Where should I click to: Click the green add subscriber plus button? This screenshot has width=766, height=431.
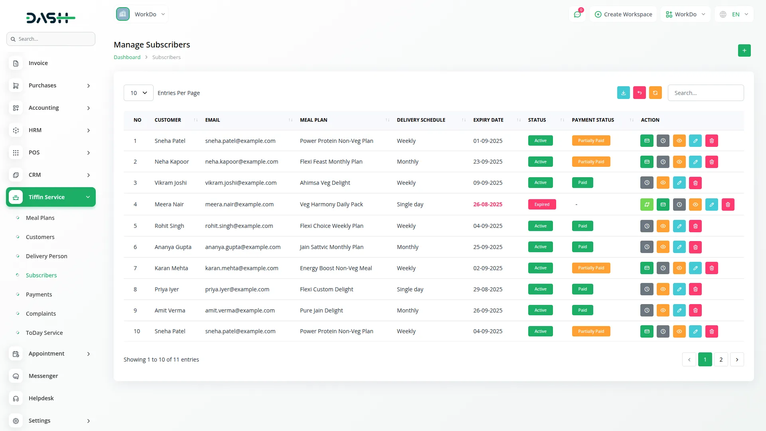(x=744, y=51)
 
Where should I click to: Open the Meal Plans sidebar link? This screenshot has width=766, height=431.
(x=40, y=218)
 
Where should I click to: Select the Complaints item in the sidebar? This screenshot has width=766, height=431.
(x=41, y=314)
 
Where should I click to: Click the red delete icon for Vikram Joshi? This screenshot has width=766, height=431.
(x=695, y=183)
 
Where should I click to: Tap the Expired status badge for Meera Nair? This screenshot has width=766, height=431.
(x=542, y=204)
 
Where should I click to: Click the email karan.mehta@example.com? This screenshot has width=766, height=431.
(x=241, y=268)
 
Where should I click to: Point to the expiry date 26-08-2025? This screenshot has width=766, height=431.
(x=488, y=204)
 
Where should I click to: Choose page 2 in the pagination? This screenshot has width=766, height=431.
(x=721, y=360)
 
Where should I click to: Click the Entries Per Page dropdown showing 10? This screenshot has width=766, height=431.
(x=138, y=93)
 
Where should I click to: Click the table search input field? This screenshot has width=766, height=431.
(x=705, y=93)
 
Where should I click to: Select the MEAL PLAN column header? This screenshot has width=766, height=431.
(x=314, y=120)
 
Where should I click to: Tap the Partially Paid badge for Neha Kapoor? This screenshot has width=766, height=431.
(x=591, y=162)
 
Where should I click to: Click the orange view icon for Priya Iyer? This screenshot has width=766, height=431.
(x=663, y=289)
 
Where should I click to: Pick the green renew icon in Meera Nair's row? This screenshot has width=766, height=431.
(x=647, y=205)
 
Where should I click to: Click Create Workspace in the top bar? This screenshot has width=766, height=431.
(x=623, y=14)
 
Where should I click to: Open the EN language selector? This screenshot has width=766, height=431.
(x=734, y=14)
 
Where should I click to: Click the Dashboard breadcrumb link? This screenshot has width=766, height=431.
(x=127, y=57)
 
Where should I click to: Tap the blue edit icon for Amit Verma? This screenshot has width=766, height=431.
(x=679, y=310)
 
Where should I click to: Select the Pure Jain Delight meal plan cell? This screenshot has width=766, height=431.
(x=321, y=310)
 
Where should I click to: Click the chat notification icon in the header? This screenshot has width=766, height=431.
(x=577, y=14)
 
